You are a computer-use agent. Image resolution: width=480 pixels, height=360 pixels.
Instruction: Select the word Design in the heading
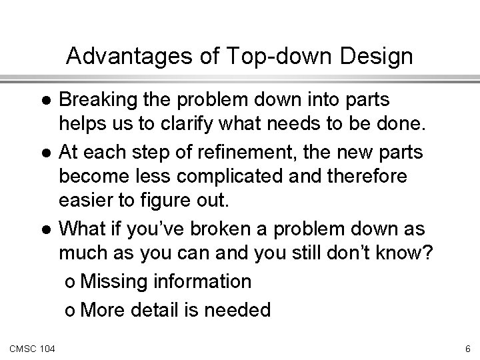pyautogui.click(x=376, y=56)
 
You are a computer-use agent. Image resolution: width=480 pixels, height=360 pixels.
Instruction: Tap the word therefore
pyautogui.click(x=367, y=176)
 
